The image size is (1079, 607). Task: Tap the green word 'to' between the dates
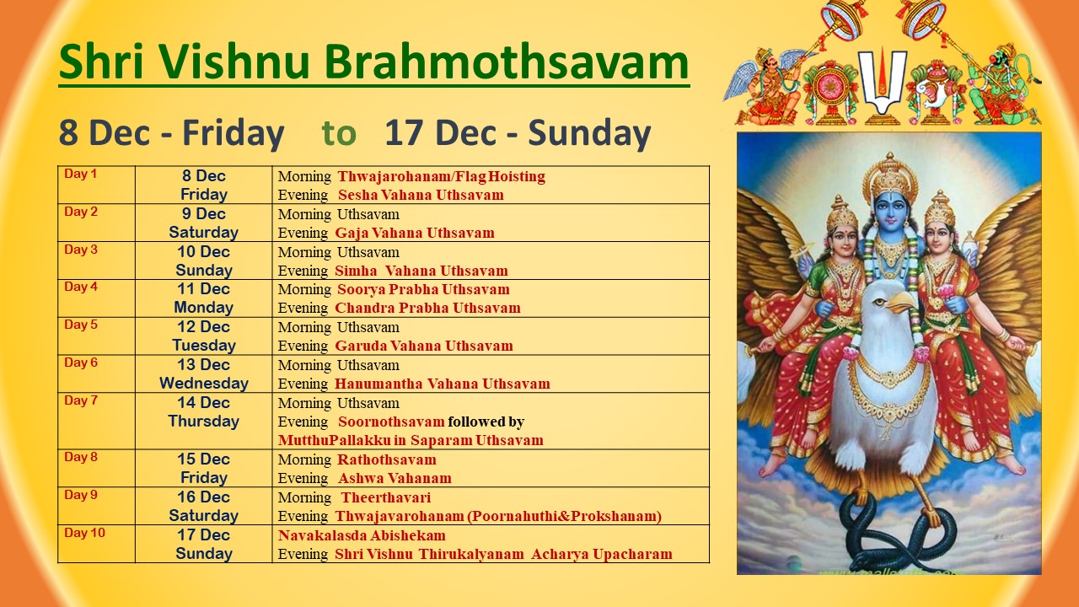coord(339,133)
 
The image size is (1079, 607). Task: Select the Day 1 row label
coord(80,174)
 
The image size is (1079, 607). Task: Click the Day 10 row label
coord(84,533)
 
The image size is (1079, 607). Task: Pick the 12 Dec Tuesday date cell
coord(204,336)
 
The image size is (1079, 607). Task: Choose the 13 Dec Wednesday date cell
coord(204,373)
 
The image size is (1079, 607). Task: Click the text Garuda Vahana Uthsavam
coord(424,346)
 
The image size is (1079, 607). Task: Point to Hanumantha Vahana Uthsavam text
coord(443,384)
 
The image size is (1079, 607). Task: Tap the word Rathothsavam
coord(387,459)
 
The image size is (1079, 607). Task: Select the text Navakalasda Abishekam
coord(362,535)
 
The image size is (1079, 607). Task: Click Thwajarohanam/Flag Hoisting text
coord(441,176)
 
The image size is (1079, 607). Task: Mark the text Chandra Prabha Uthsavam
coord(427,308)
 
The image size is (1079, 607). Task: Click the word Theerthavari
coord(386,497)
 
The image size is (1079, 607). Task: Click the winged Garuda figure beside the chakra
coord(766,87)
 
